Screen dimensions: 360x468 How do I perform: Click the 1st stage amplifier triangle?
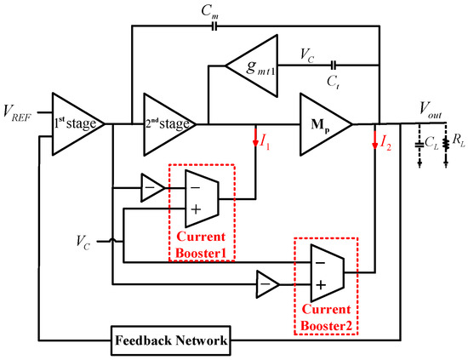75,124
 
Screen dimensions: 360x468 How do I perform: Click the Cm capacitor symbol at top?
214,26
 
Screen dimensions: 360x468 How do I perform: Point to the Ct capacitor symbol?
333,65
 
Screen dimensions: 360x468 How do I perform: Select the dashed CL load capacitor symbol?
419,146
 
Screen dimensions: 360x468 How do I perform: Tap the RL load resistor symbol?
445,146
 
